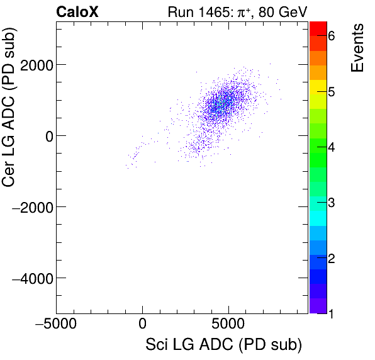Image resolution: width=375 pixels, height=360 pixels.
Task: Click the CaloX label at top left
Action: pos(77,11)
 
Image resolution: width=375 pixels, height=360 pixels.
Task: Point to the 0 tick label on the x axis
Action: pos(142,327)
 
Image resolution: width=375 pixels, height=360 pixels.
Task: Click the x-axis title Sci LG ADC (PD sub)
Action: pos(223,346)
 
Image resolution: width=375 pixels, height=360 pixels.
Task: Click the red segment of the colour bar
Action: pos(318,28)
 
